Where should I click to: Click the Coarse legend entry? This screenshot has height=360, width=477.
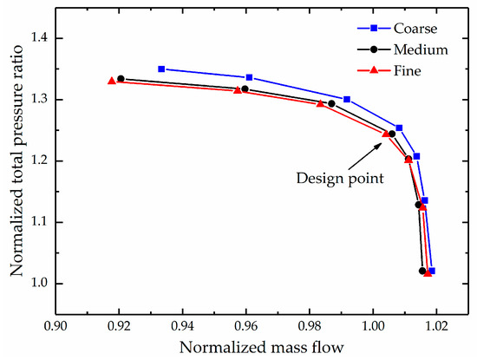pos(397,29)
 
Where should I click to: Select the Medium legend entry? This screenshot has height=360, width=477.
pos(402,49)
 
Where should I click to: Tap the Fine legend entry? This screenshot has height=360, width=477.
pos(389,70)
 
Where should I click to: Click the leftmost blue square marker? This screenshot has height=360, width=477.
pos(161,69)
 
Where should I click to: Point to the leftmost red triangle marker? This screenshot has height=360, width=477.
pos(112,81)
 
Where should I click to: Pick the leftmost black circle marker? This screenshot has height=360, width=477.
pos(121,79)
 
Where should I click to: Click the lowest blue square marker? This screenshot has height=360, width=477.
pos(432,271)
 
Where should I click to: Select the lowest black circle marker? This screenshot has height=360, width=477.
pos(422,271)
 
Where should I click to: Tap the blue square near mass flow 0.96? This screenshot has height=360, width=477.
pos(249,77)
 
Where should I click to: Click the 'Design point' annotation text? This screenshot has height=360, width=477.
pos(340,178)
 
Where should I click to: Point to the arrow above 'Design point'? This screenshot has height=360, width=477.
pos(365,156)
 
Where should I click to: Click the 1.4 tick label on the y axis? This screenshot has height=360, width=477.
pos(39,38)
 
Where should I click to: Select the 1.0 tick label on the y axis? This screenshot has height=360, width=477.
pos(39,284)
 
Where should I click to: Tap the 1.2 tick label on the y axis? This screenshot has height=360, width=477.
pos(39,161)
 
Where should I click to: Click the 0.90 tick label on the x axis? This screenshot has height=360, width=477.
pos(56,326)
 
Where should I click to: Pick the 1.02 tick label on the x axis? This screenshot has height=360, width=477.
pos(436,326)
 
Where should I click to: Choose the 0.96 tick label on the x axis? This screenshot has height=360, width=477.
pos(246,326)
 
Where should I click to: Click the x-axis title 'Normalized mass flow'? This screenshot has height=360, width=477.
pos(262,347)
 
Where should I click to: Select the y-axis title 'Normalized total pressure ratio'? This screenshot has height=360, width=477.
pos(16,160)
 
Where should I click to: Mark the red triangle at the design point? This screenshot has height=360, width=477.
pos(386,134)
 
